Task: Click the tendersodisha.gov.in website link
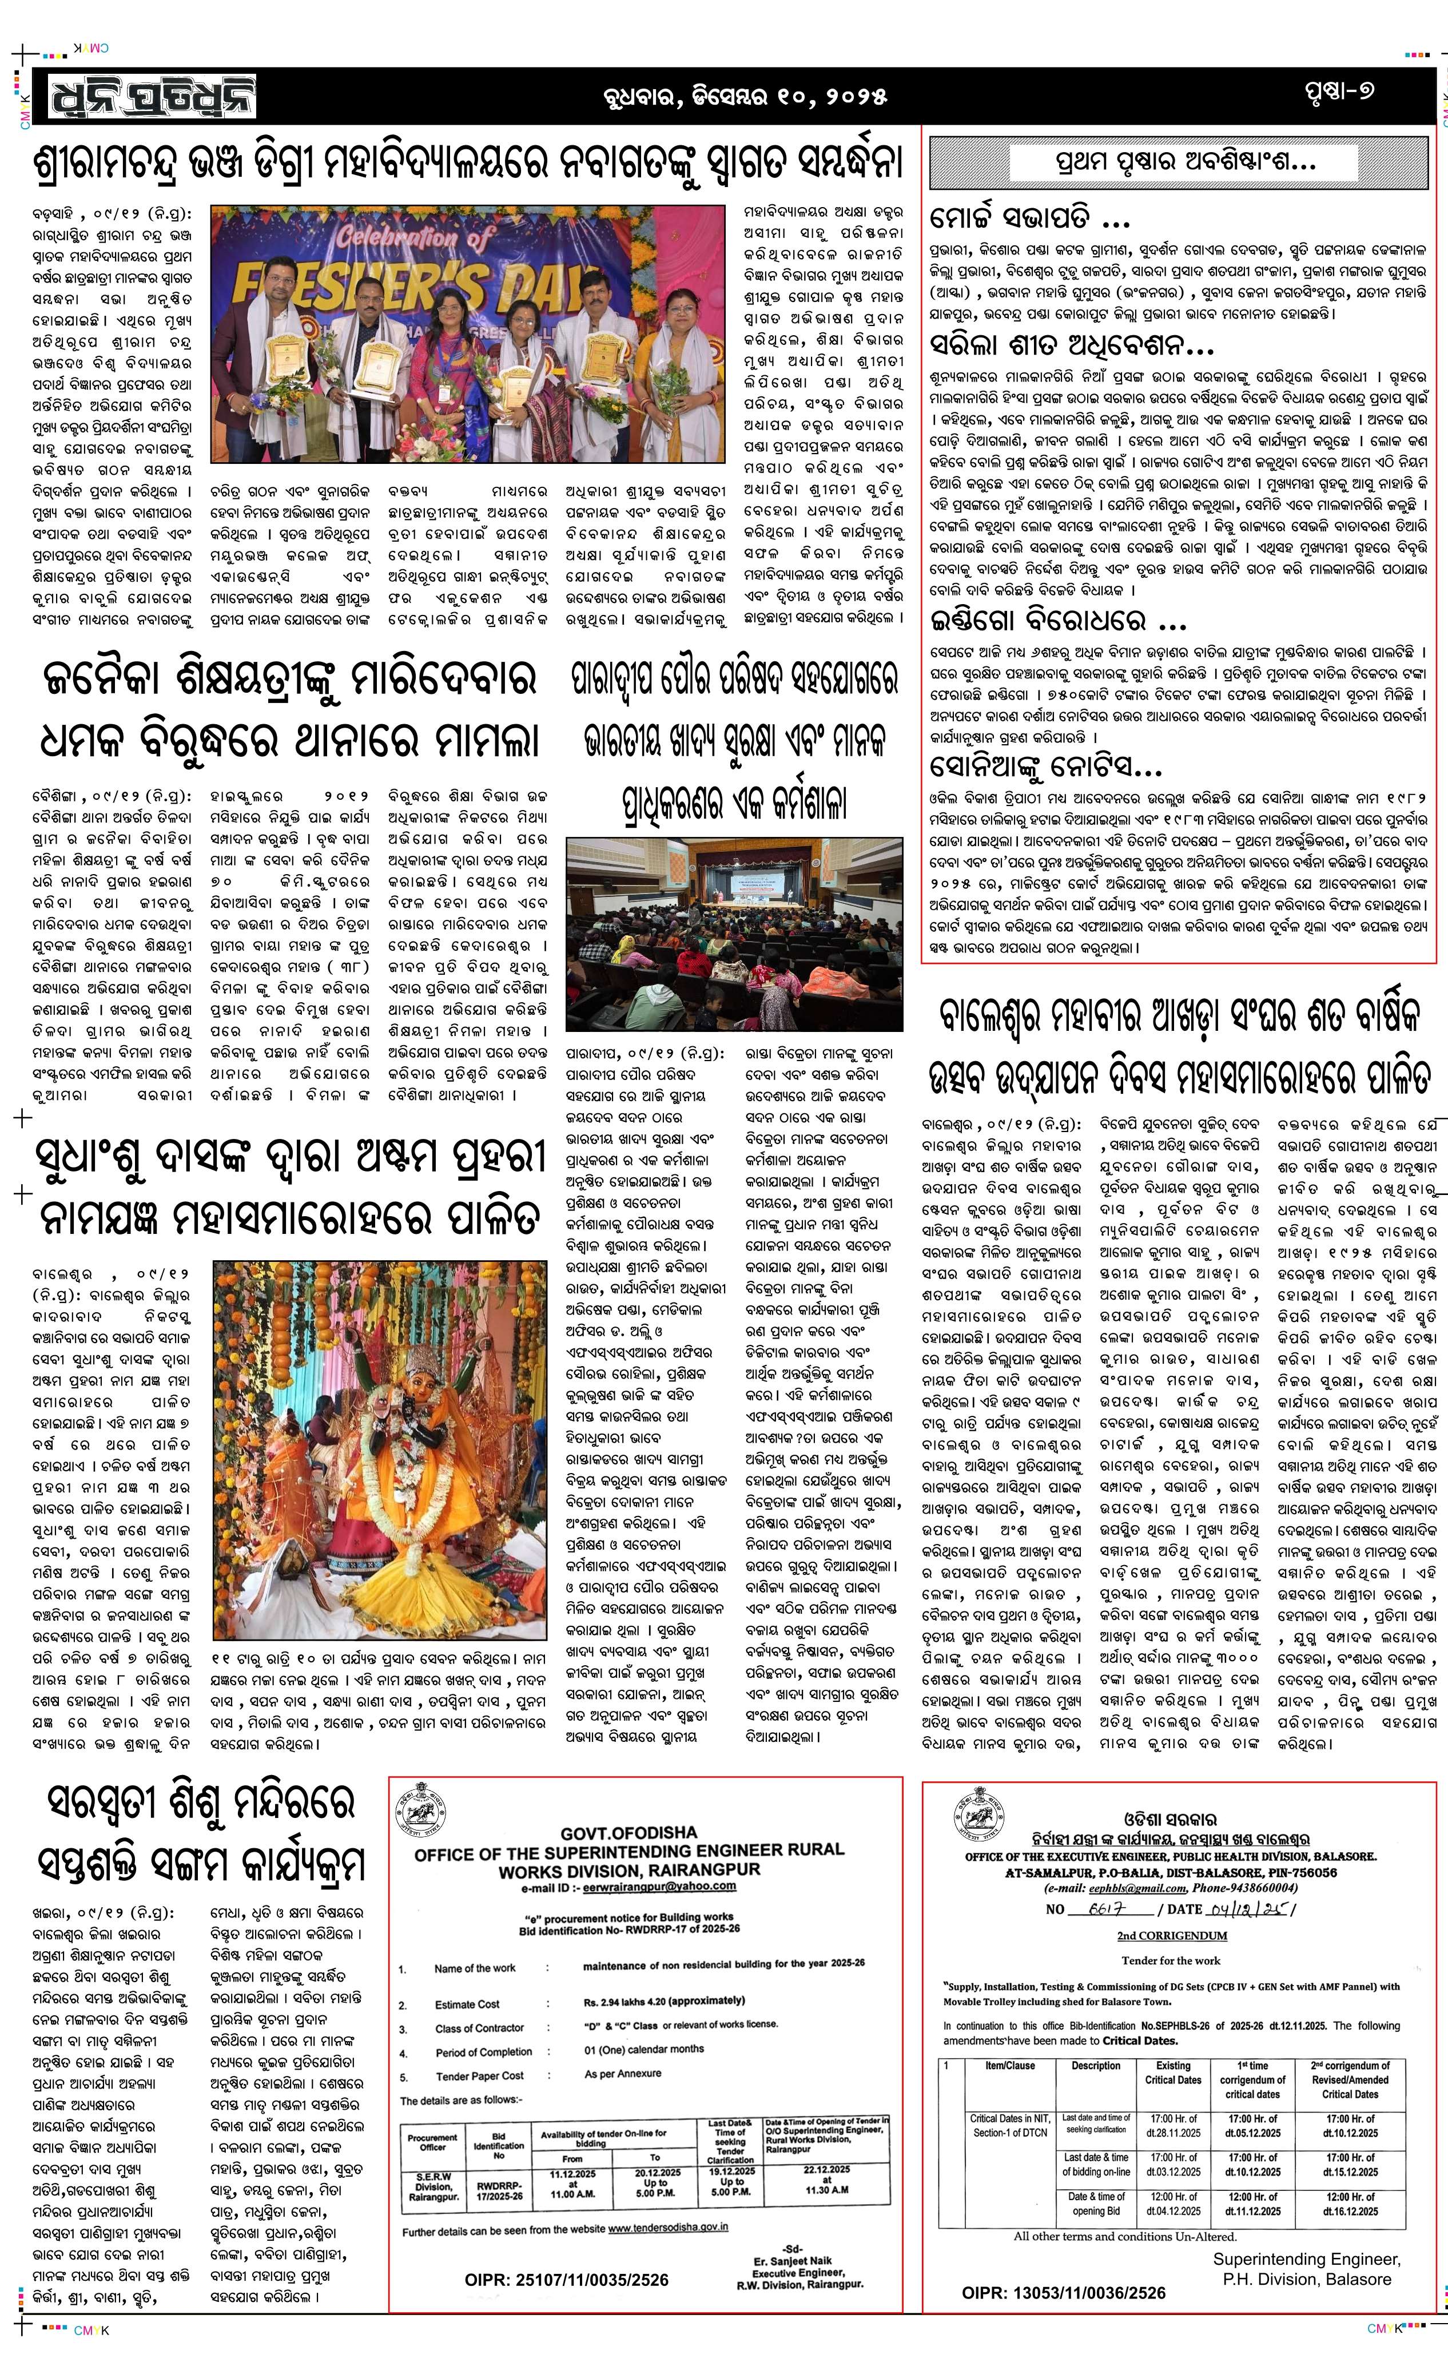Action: [667, 2228]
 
